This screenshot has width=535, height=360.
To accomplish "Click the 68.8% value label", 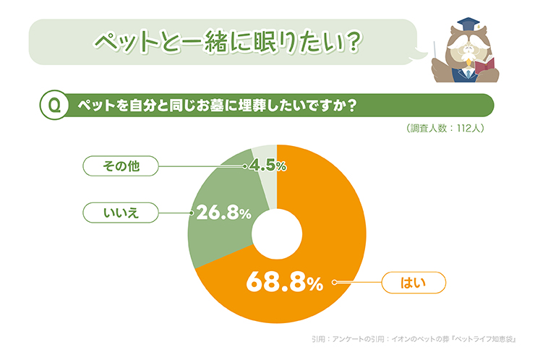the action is pyautogui.click(x=284, y=281).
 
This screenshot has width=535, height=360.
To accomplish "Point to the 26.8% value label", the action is pyautogui.click(x=223, y=213).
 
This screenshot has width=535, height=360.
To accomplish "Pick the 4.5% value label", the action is pyautogui.click(x=267, y=166).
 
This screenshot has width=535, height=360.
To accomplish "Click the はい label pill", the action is pyautogui.click(x=414, y=283).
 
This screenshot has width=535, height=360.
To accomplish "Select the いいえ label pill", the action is pyautogui.click(x=121, y=213).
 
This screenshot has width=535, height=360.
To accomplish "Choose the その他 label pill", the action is pyautogui.click(x=121, y=166).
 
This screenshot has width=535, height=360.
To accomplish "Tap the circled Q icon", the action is pyautogui.click(x=54, y=105).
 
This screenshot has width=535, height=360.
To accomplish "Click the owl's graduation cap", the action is pyautogui.click(x=469, y=25).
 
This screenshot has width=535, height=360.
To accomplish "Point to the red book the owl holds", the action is pyautogui.click(x=484, y=65).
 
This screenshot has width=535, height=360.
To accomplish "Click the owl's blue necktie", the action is pyautogui.click(x=468, y=74).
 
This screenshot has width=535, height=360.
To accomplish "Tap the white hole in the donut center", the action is pyautogui.click(x=277, y=234).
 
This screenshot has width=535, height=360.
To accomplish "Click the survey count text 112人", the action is pyautogui.click(x=470, y=128).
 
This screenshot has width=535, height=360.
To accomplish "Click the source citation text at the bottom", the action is pyautogui.click(x=414, y=339).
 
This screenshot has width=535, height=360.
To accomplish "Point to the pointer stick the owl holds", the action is pyautogui.click(x=435, y=51).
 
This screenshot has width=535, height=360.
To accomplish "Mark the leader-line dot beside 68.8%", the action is pyautogui.click(x=334, y=282).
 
